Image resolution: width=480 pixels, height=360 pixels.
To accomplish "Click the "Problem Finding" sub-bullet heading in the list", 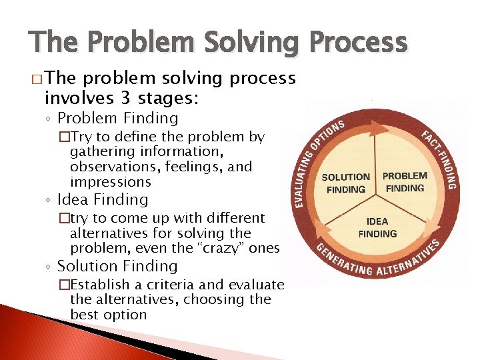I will coord(118,119).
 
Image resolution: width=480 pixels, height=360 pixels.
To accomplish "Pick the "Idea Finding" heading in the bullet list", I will coord(103,199).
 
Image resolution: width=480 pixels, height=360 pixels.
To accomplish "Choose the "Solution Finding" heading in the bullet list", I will coord(117,266).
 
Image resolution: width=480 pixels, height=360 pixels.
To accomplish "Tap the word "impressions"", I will coord(111,182).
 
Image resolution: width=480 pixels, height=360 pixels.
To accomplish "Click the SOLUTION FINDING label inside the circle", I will coord(345,183).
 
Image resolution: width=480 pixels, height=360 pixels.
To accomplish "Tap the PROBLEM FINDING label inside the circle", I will coord(405,182).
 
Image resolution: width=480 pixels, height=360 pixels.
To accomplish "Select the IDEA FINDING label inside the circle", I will coord(377,227).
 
